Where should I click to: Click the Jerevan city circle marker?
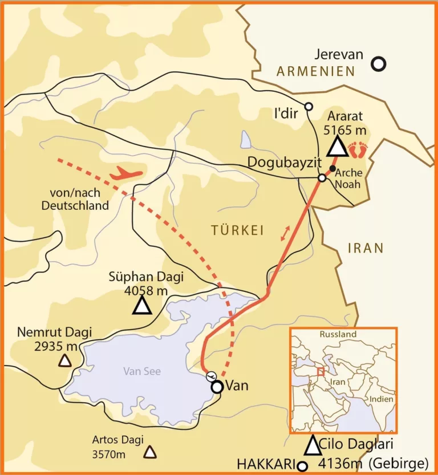[x=378, y=64]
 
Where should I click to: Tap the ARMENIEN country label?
[x=315, y=71]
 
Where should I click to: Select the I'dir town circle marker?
[x=309, y=107]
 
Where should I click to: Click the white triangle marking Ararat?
[x=338, y=147]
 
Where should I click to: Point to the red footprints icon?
[x=359, y=150]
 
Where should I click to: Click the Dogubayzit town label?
[x=281, y=162]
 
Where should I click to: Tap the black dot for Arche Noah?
[x=332, y=168]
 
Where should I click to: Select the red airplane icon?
[x=127, y=173]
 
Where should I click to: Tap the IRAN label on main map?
[x=364, y=248]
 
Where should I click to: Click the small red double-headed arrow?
[x=284, y=233]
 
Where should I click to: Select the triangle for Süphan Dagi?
[x=142, y=306]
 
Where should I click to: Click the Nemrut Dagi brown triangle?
[x=66, y=360]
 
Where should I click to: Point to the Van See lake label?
[x=142, y=371]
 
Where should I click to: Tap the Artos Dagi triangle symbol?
[x=150, y=452]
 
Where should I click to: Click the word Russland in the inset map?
[x=338, y=334]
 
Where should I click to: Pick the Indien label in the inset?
[x=381, y=399]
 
